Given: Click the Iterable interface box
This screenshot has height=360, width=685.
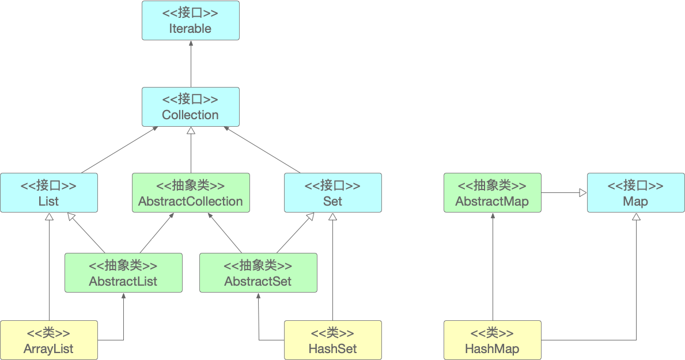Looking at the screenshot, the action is tap(191, 21).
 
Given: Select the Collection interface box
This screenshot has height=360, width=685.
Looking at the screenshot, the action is tap(191, 107).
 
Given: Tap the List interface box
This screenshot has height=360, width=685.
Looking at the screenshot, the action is tap(49, 192).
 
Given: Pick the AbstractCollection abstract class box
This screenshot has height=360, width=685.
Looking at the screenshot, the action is tap(191, 192).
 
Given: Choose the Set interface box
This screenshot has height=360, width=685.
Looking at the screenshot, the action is tap(333, 192).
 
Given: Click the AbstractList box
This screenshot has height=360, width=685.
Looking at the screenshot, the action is tap(124, 272).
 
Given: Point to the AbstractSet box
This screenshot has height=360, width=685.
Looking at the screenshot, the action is tap(258, 272).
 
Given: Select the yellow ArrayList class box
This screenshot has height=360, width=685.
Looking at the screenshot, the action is tap(49, 340).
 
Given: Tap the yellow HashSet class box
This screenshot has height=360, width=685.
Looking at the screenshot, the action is tap(333, 340).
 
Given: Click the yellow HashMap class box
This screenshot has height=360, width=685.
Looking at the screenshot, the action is tap(493, 340).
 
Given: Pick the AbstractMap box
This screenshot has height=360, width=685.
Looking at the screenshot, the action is tap(493, 192).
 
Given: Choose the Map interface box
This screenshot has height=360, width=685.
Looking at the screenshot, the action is tap(635, 192).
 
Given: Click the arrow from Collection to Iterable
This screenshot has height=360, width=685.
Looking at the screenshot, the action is tap(191, 64).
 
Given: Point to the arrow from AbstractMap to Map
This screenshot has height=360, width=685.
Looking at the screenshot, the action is tap(564, 192).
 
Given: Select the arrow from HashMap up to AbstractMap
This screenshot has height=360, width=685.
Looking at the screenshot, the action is tap(493, 267).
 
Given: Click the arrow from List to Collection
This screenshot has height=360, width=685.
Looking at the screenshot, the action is tap(119, 150).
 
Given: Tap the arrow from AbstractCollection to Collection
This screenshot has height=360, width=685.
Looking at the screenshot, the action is tap(191, 150).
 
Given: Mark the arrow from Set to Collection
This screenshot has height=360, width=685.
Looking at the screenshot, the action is tap(262, 150).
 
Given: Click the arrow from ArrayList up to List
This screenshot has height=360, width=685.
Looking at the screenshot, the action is tap(50, 267).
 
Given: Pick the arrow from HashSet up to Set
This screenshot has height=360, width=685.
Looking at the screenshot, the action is tap(333, 267).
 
